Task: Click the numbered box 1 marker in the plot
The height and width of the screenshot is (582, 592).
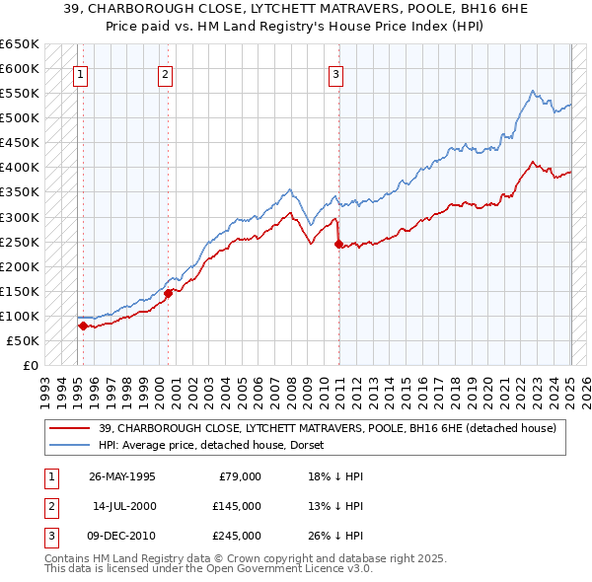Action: point(79,73)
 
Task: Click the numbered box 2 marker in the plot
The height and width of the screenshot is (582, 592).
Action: point(165,73)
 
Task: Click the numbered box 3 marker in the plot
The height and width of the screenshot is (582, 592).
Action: point(336,73)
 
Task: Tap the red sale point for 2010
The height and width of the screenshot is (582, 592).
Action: point(338,244)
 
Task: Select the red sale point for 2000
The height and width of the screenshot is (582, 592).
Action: point(168,293)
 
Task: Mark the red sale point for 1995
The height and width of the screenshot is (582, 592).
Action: point(83,326)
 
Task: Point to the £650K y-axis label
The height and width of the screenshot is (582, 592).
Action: point(19,44)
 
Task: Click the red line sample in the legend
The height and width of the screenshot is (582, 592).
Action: point(69,428)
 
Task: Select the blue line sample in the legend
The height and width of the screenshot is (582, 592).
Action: point(69,445)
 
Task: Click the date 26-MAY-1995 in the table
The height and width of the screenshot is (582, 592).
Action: point(122,476)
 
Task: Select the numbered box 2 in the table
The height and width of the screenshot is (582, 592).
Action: point(50,506)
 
